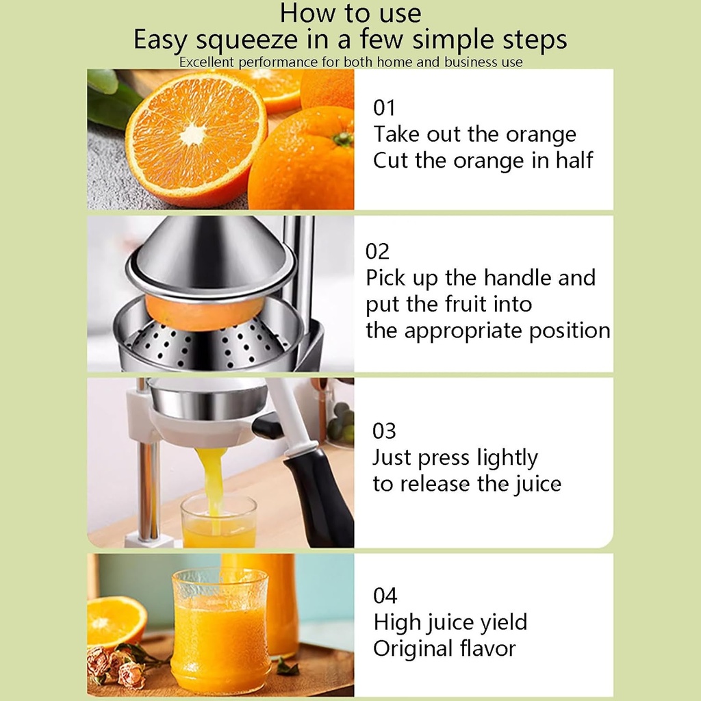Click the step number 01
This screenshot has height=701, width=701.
pyautogui.click(x=384, y=108)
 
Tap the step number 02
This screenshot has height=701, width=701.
pyautogui.click(x=377, y=251)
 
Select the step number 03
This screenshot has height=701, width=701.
pyautogui.click(x=384, y=431)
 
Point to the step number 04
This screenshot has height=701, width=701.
pyautogui.click(x=385, y=596)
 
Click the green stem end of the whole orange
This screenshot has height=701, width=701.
pyautogui.click(x=344, y=138)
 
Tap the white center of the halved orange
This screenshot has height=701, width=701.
pyautogui.click(x=193, y=134)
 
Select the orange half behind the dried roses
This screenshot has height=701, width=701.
pyautogui.click(x=114, y=620)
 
